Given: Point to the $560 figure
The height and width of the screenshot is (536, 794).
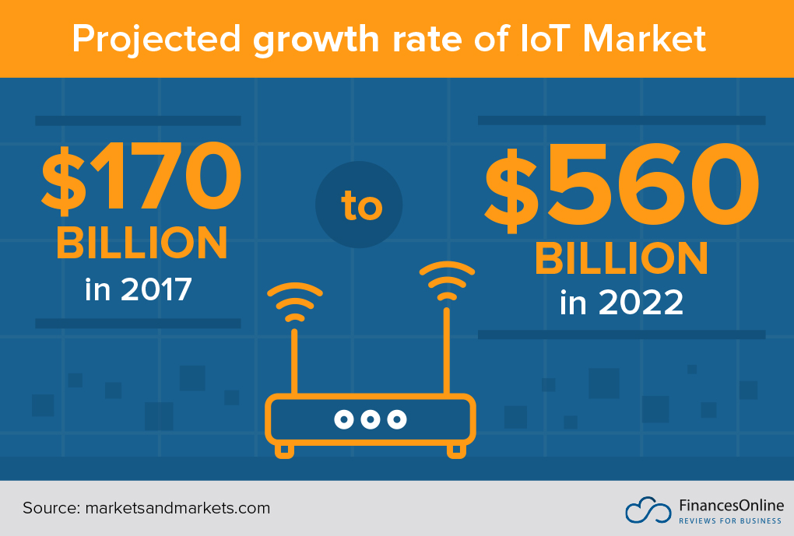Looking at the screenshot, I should [621, 190].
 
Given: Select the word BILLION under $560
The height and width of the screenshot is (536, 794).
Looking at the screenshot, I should [621, 258].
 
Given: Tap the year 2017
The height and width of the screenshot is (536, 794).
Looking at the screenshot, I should [156, 289].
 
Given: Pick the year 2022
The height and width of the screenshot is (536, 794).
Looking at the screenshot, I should [641, 303].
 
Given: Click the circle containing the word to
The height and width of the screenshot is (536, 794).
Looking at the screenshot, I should [360, 205].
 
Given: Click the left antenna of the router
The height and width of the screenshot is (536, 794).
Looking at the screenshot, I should [295, 362].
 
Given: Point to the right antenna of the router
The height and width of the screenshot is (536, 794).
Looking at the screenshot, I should [447, 350].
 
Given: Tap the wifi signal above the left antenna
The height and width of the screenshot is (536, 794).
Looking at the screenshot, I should [294, 303].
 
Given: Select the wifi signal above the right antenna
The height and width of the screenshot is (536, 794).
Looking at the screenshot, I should [447, 282].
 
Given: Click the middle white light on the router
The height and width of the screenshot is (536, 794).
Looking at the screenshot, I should [370, 419].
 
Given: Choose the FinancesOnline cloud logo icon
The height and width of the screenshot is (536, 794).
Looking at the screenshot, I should [648, 510].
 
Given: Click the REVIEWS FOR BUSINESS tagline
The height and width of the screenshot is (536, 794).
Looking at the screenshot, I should [730, 520].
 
